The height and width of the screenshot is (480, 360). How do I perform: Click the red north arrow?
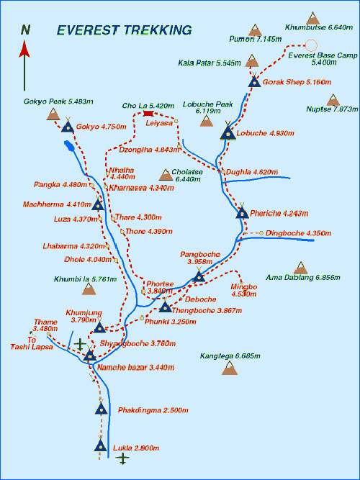(x=24, y=65)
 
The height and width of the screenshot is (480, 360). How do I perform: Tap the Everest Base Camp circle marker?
(x=311, y=45)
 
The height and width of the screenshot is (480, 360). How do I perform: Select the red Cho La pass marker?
(x=148, y=114)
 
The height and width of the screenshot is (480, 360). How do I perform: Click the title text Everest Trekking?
(x=125, y=30)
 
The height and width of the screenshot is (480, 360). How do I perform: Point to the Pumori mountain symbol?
(x=255, y=30)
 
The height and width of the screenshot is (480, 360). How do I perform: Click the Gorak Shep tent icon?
(x=254, y=81)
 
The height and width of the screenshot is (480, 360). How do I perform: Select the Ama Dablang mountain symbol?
(x=300, y=268)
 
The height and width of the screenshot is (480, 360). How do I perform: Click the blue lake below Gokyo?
(x=69, y=146)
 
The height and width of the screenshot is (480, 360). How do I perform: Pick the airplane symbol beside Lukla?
(x=123, y=459)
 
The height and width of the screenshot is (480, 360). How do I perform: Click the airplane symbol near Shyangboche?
(x=80, y=344)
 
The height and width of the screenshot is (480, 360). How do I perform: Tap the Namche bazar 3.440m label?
(x=136, y=367)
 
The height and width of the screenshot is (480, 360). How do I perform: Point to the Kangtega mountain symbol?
(x=230, y=368)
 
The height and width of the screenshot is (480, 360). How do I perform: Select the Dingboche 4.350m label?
(x=298, y=233)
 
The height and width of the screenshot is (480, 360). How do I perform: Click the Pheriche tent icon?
(x=243, y=211)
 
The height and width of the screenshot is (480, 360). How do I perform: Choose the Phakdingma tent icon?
(x=101, y=407)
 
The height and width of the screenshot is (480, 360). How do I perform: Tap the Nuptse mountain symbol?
(x=333, y=100)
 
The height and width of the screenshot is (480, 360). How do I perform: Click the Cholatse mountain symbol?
(x=166, y=175)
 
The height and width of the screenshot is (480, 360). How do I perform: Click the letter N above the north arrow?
(x=25, y=31)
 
